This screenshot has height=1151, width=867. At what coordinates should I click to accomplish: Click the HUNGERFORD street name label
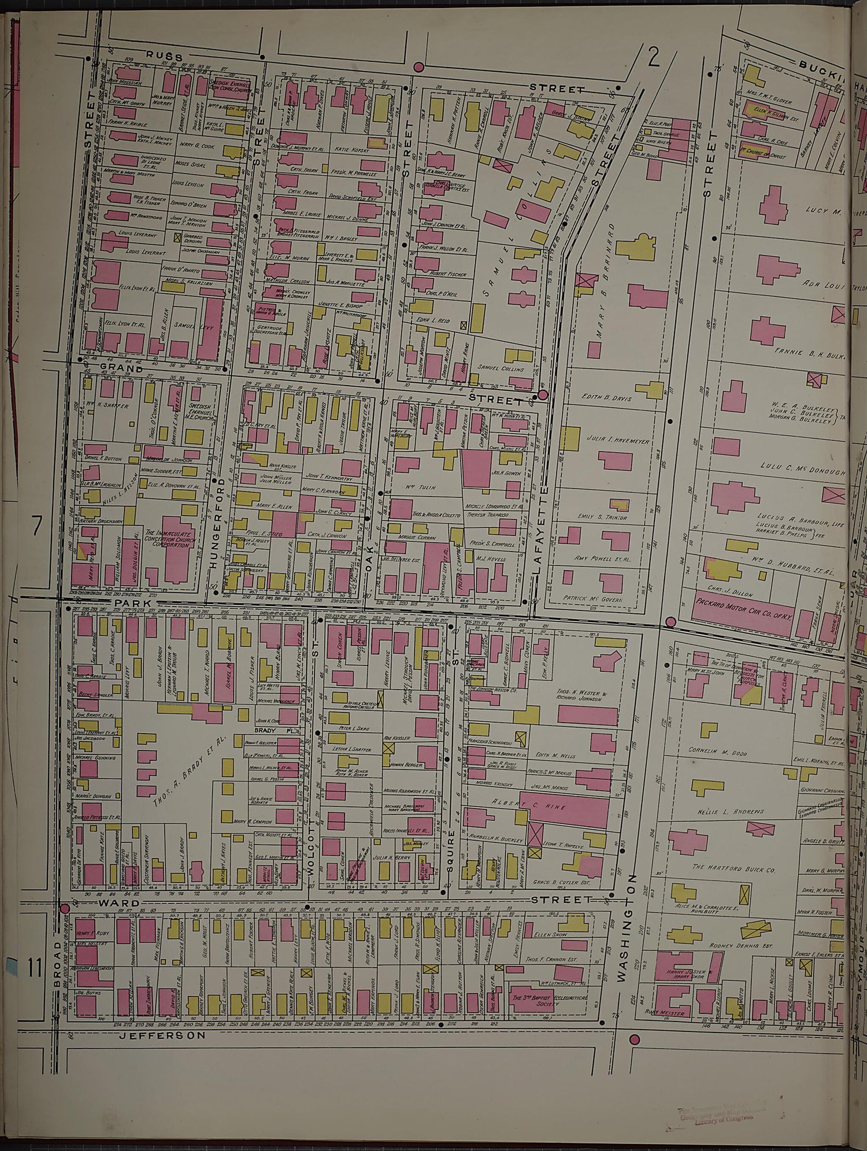(x=217, y=532)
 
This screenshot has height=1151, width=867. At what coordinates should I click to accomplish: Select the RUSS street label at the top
(x=164, y=56)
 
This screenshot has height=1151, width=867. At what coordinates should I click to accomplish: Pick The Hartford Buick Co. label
(x=733, y=869)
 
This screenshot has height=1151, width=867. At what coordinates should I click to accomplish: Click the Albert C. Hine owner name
(x=529, y=806)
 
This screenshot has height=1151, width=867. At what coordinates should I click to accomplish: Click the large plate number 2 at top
(x=654, y=58)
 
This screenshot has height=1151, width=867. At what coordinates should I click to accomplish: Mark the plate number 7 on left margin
(x=37, y=527)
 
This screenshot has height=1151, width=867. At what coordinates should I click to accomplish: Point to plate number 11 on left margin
(x=35, y=967)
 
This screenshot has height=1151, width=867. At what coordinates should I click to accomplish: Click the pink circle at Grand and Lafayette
(x=543, y=395)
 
